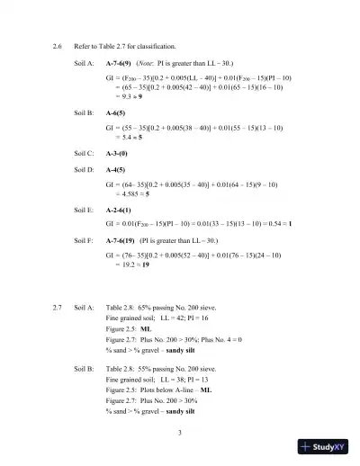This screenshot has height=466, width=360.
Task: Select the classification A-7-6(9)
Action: coord(120,66)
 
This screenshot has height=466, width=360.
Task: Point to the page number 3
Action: coord(180,433)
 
